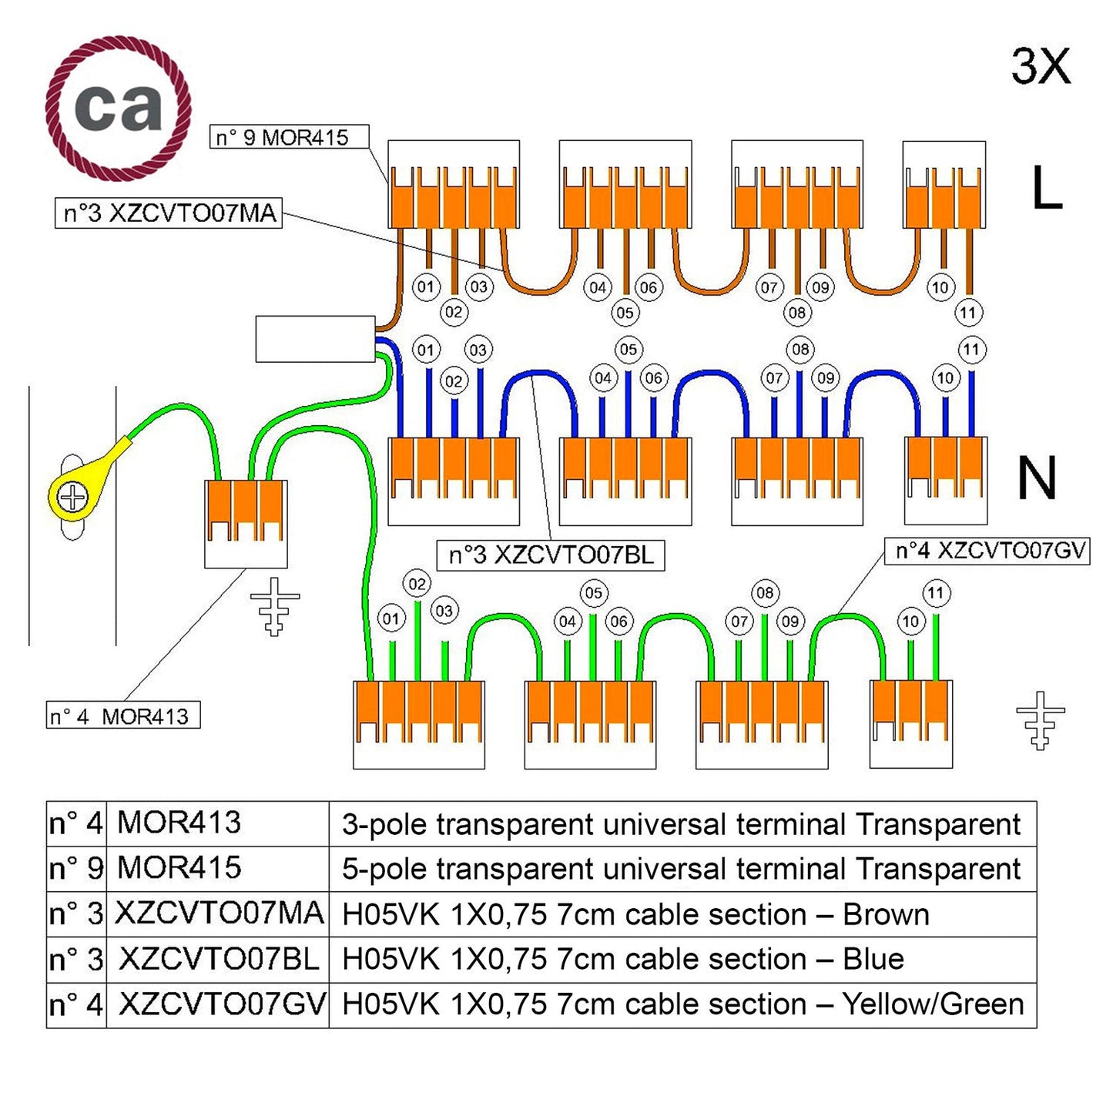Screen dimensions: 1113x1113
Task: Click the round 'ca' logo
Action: point(118,107)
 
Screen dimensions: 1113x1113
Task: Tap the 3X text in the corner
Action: point(1041,66)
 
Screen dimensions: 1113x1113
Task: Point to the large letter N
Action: point(1037,478)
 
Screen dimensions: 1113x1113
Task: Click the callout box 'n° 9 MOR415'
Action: point(289,137)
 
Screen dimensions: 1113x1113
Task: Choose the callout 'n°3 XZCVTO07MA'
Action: point(169,213)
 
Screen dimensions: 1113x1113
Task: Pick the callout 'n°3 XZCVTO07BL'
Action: point(550,555)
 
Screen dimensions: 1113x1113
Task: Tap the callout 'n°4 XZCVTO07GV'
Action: point(987,550)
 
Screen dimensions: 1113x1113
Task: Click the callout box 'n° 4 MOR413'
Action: point(123,716)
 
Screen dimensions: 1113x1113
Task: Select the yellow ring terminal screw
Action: point(72,497)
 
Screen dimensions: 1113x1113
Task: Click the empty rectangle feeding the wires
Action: point(315,339)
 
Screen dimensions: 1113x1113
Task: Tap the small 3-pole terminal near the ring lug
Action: point(245,523)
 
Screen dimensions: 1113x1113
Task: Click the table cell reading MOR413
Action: point(179,823)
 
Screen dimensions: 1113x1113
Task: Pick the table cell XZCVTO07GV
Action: point(222,1004)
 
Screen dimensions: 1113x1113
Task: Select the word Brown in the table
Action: point(886,914)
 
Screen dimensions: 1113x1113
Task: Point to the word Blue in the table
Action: point(873,959)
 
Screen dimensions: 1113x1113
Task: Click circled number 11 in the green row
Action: point(935,593)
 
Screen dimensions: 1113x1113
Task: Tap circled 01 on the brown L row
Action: point(426,287)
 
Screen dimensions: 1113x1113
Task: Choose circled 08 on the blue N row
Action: point(800,350)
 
